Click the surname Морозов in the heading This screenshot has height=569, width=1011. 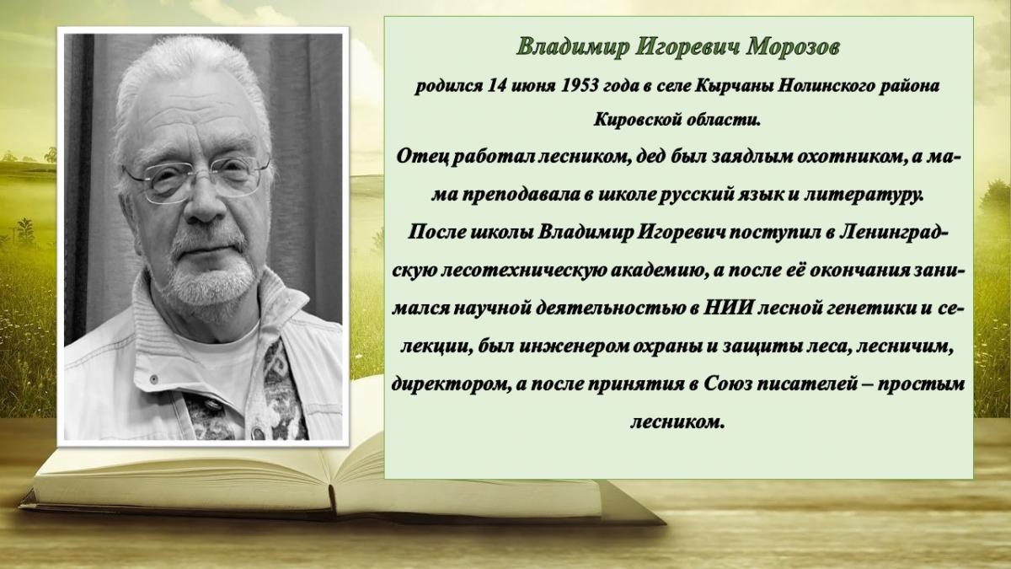pos(792,47)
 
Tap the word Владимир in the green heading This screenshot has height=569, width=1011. pos(572,48)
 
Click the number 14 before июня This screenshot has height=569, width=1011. pos(495,85)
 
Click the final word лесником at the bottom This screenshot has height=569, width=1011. pos(677,422)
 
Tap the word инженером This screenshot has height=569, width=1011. pos(573,346)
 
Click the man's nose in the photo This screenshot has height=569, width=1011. pos(206,204)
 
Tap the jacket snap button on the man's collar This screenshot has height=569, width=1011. pos(154,378)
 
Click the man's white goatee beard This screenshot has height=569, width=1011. pos(207,280)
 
